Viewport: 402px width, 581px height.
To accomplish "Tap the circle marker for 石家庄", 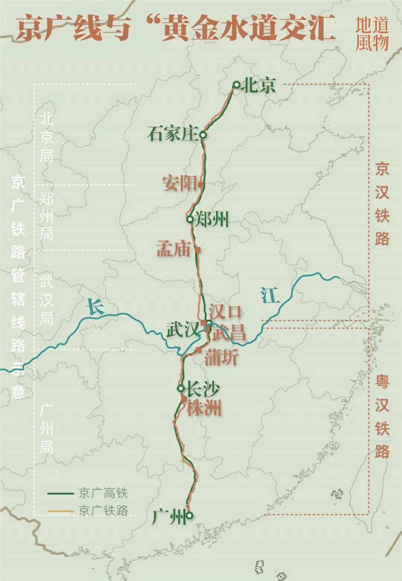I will (203, 135).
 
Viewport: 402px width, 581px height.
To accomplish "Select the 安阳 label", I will (179, 183).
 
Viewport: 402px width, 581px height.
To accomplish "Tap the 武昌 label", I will (229, 332).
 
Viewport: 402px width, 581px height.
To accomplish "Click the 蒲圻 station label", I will (221, 357).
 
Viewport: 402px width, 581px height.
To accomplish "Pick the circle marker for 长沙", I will (181, 388).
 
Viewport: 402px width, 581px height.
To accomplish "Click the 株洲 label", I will (204, 408).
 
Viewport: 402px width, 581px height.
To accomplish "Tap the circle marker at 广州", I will (189, 516).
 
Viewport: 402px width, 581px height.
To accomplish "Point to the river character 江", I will (270, 296).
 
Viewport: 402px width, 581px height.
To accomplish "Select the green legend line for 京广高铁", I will (61, 493).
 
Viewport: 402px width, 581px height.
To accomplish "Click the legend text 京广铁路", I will (103, 510).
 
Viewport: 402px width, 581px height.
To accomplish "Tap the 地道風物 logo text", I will (371, 34).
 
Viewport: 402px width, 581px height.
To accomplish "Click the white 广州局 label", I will (47, 429).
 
